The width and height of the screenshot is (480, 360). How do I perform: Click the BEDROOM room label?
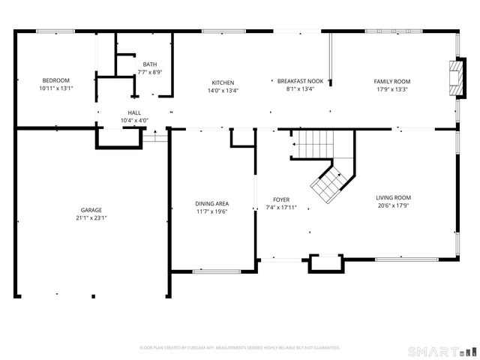coord(56,81)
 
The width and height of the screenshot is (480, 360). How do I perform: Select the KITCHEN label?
coord(223,82)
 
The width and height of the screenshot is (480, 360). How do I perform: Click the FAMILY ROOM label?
coord(392,82)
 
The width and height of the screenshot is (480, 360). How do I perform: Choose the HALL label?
coord(134,112)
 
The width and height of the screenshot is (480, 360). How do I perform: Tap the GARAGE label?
coord(91,210)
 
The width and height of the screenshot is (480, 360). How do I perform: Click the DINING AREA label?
coord(212,203)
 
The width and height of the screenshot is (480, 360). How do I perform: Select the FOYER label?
coord(281,200)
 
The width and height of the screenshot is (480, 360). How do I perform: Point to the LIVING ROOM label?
coord(393,198)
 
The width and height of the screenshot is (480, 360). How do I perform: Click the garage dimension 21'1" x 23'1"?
coord(91,218)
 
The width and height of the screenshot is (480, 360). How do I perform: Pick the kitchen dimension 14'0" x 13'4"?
coord(223,90)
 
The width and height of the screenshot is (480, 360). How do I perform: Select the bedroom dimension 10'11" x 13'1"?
coord(56,88)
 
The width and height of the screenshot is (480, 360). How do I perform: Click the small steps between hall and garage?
coord(155,136)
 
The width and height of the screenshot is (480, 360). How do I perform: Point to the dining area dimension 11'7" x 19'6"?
coord(212,211)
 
